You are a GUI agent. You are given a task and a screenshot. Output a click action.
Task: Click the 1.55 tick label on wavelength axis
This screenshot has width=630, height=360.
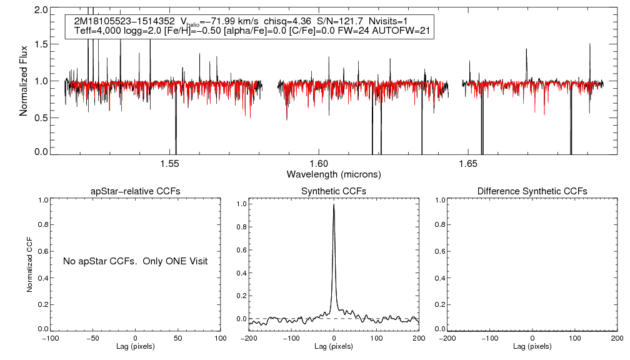click(x=169, y=164)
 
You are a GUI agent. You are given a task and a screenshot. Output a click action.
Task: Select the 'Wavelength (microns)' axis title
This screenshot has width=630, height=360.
click(x=333, y=174)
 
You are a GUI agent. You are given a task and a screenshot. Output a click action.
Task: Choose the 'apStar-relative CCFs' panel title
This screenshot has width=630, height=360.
click(x=136, y=191)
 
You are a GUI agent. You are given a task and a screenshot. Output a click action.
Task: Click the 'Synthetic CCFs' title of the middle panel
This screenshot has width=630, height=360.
click(x=334, y=191)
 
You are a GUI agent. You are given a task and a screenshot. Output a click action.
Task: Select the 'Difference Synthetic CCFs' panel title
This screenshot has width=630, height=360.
click(x=532, y=191)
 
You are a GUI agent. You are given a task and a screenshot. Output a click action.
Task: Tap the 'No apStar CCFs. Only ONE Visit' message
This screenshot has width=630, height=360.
click(x=135, y=261)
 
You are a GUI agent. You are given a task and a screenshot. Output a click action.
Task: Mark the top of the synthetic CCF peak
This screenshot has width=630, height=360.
click(x=334, y=204)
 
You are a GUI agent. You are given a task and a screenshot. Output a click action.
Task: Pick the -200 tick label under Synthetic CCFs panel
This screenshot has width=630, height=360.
click(x=249, y=338)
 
